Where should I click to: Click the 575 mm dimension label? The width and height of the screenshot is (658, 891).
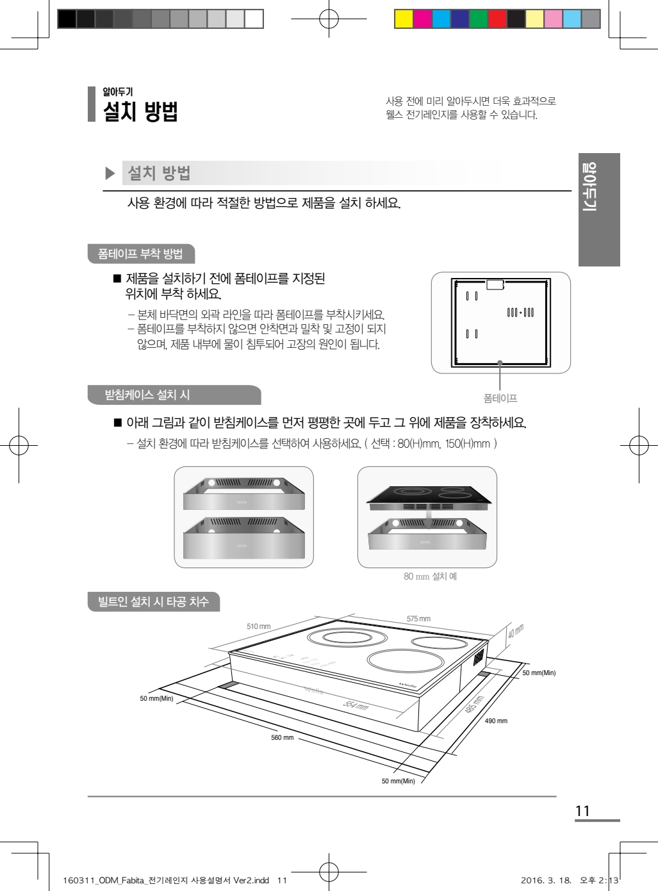(x=418, y=619)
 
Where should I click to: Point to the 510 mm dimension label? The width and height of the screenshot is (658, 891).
(x=258, y=626)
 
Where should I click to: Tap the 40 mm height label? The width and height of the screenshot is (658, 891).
(x=515, y=631)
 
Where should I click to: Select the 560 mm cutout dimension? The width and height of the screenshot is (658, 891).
(x=282, y=737)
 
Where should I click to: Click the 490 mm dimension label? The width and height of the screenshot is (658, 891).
(x=496, y=721)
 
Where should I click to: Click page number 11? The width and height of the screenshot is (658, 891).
(x=582, y=811)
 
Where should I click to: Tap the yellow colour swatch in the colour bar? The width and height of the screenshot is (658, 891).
(x=404, y=19)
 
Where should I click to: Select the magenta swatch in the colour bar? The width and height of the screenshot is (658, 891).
(x=422, y=19)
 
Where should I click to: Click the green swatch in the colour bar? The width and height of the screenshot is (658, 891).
(x=479, y=19)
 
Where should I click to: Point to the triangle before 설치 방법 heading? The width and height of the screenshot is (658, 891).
(x=110, y=174)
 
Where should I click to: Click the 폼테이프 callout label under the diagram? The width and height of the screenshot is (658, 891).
(x=500, y=398)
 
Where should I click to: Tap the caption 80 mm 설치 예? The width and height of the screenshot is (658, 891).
(x=430, y=576)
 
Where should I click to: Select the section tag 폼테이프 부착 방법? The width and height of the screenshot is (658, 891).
(x=141, y=254)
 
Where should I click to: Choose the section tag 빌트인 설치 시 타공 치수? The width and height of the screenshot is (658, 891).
(x=154, y=601)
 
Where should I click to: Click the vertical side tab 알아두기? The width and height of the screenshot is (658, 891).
(x=599, y=209)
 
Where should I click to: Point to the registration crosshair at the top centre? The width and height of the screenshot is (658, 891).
(x=329, y=19)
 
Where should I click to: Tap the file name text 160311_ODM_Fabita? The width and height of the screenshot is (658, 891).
(x=103, y=881)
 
